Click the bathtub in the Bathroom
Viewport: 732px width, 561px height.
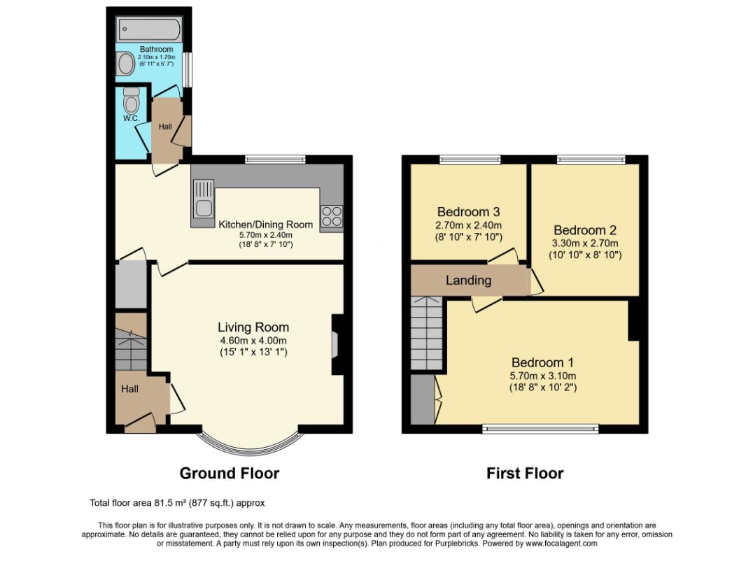[148, 29]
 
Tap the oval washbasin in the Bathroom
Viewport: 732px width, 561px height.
[126, 64]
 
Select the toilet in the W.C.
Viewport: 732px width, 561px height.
[131, 99]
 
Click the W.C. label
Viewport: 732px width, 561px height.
[131, 118]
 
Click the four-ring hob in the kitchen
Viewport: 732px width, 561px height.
[332, 216]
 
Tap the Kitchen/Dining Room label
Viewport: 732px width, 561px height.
[266, 225]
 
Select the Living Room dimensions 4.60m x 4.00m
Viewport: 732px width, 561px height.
[253, 341]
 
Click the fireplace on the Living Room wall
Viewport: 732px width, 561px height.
[336, 345]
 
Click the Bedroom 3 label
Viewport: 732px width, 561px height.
[468, 211]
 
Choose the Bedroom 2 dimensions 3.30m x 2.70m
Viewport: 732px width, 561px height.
[585, 243]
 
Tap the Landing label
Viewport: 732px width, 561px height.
[468, 280]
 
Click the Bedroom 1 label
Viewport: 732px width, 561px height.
[542, 362]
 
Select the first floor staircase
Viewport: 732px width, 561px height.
[426, 333]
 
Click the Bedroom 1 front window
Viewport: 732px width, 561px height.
[540, 429]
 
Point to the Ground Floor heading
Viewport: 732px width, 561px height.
[230, 474]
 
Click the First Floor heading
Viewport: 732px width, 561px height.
[525, 474]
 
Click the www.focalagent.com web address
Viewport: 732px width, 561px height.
[561, 544]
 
